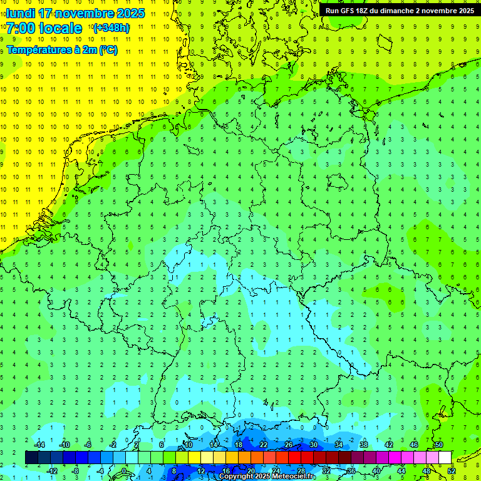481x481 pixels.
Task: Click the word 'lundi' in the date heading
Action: click(21, 13)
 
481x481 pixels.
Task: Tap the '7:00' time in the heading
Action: click(21, 28)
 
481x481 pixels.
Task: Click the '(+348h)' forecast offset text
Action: click(111, 28)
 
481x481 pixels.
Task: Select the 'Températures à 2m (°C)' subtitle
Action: click(62, 50)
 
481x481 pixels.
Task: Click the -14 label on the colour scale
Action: click(39, 445)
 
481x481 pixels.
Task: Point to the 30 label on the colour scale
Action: click(314, 445)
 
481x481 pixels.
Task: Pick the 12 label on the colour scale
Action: click(201, 470)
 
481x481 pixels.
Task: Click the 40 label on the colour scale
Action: click(376, 470)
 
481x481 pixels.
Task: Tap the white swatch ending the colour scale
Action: click(445, 458)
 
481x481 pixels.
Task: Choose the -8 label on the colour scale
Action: click(76, 470)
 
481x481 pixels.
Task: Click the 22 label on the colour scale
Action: click(264, 445)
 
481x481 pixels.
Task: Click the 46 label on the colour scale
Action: click(414, 445)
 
